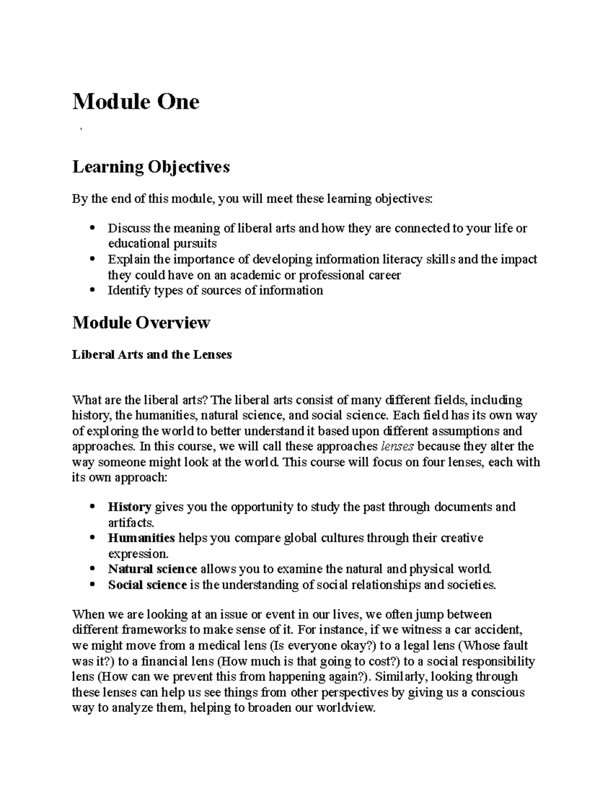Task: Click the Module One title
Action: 135,102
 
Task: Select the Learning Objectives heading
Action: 151,167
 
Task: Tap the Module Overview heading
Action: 141,323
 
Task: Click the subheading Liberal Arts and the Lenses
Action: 152,354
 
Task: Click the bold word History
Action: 129,507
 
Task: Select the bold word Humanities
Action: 142,538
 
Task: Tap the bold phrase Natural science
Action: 152,569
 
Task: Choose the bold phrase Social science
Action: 147,584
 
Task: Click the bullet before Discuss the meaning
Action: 92,228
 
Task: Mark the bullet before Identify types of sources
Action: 92,290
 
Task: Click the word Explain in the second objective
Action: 124,259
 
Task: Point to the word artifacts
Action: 130,523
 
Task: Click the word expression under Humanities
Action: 137,554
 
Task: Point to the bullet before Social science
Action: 92,584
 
